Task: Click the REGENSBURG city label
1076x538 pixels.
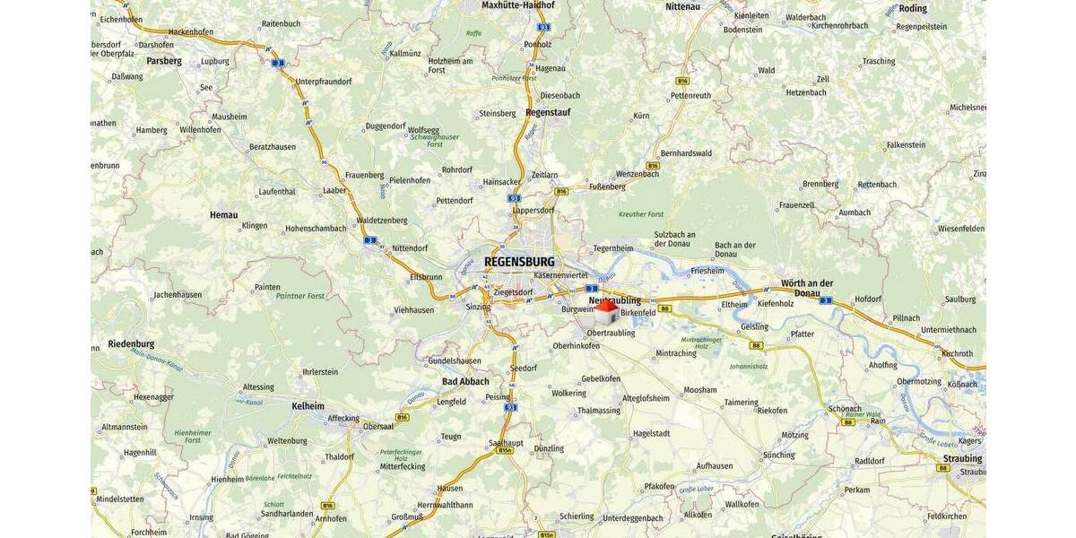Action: click(519, 262)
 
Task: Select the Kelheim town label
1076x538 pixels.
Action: click(308, 406)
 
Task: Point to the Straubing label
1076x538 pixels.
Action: click(962, 458)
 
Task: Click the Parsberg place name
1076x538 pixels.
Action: click(163, 61)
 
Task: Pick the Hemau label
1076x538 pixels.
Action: click(223, 214)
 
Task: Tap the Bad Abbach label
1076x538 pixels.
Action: click(465, 381)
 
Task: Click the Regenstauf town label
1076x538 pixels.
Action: click(548, 113)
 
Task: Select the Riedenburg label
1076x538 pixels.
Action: click(131, 343)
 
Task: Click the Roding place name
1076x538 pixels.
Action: click(912, 8)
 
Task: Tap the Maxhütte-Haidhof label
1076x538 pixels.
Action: click(518, 5)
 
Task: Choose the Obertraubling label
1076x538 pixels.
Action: click(611, 333)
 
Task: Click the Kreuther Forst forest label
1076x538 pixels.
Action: click(641, 214)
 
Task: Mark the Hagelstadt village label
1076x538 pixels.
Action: click(651, 433)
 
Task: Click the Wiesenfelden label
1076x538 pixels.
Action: click(961, 229)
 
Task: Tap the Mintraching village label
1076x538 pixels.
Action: click(675, 353)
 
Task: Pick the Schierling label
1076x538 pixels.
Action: click(577, 516)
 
